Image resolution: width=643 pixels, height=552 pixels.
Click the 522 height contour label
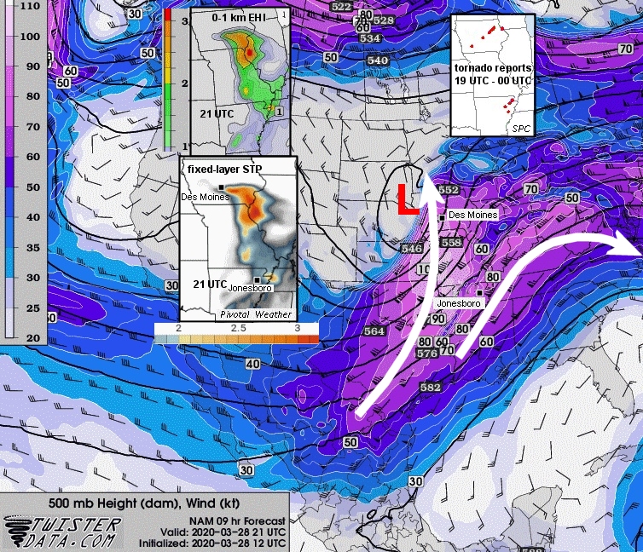tap(341, 7)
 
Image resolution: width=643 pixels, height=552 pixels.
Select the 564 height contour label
tap(374, 331)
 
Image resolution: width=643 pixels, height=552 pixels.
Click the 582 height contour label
tap(431, 388)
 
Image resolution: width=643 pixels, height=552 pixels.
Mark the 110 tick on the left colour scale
tap(30, 5)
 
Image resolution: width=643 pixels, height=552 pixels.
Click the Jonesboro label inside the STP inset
tap(249, 288)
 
